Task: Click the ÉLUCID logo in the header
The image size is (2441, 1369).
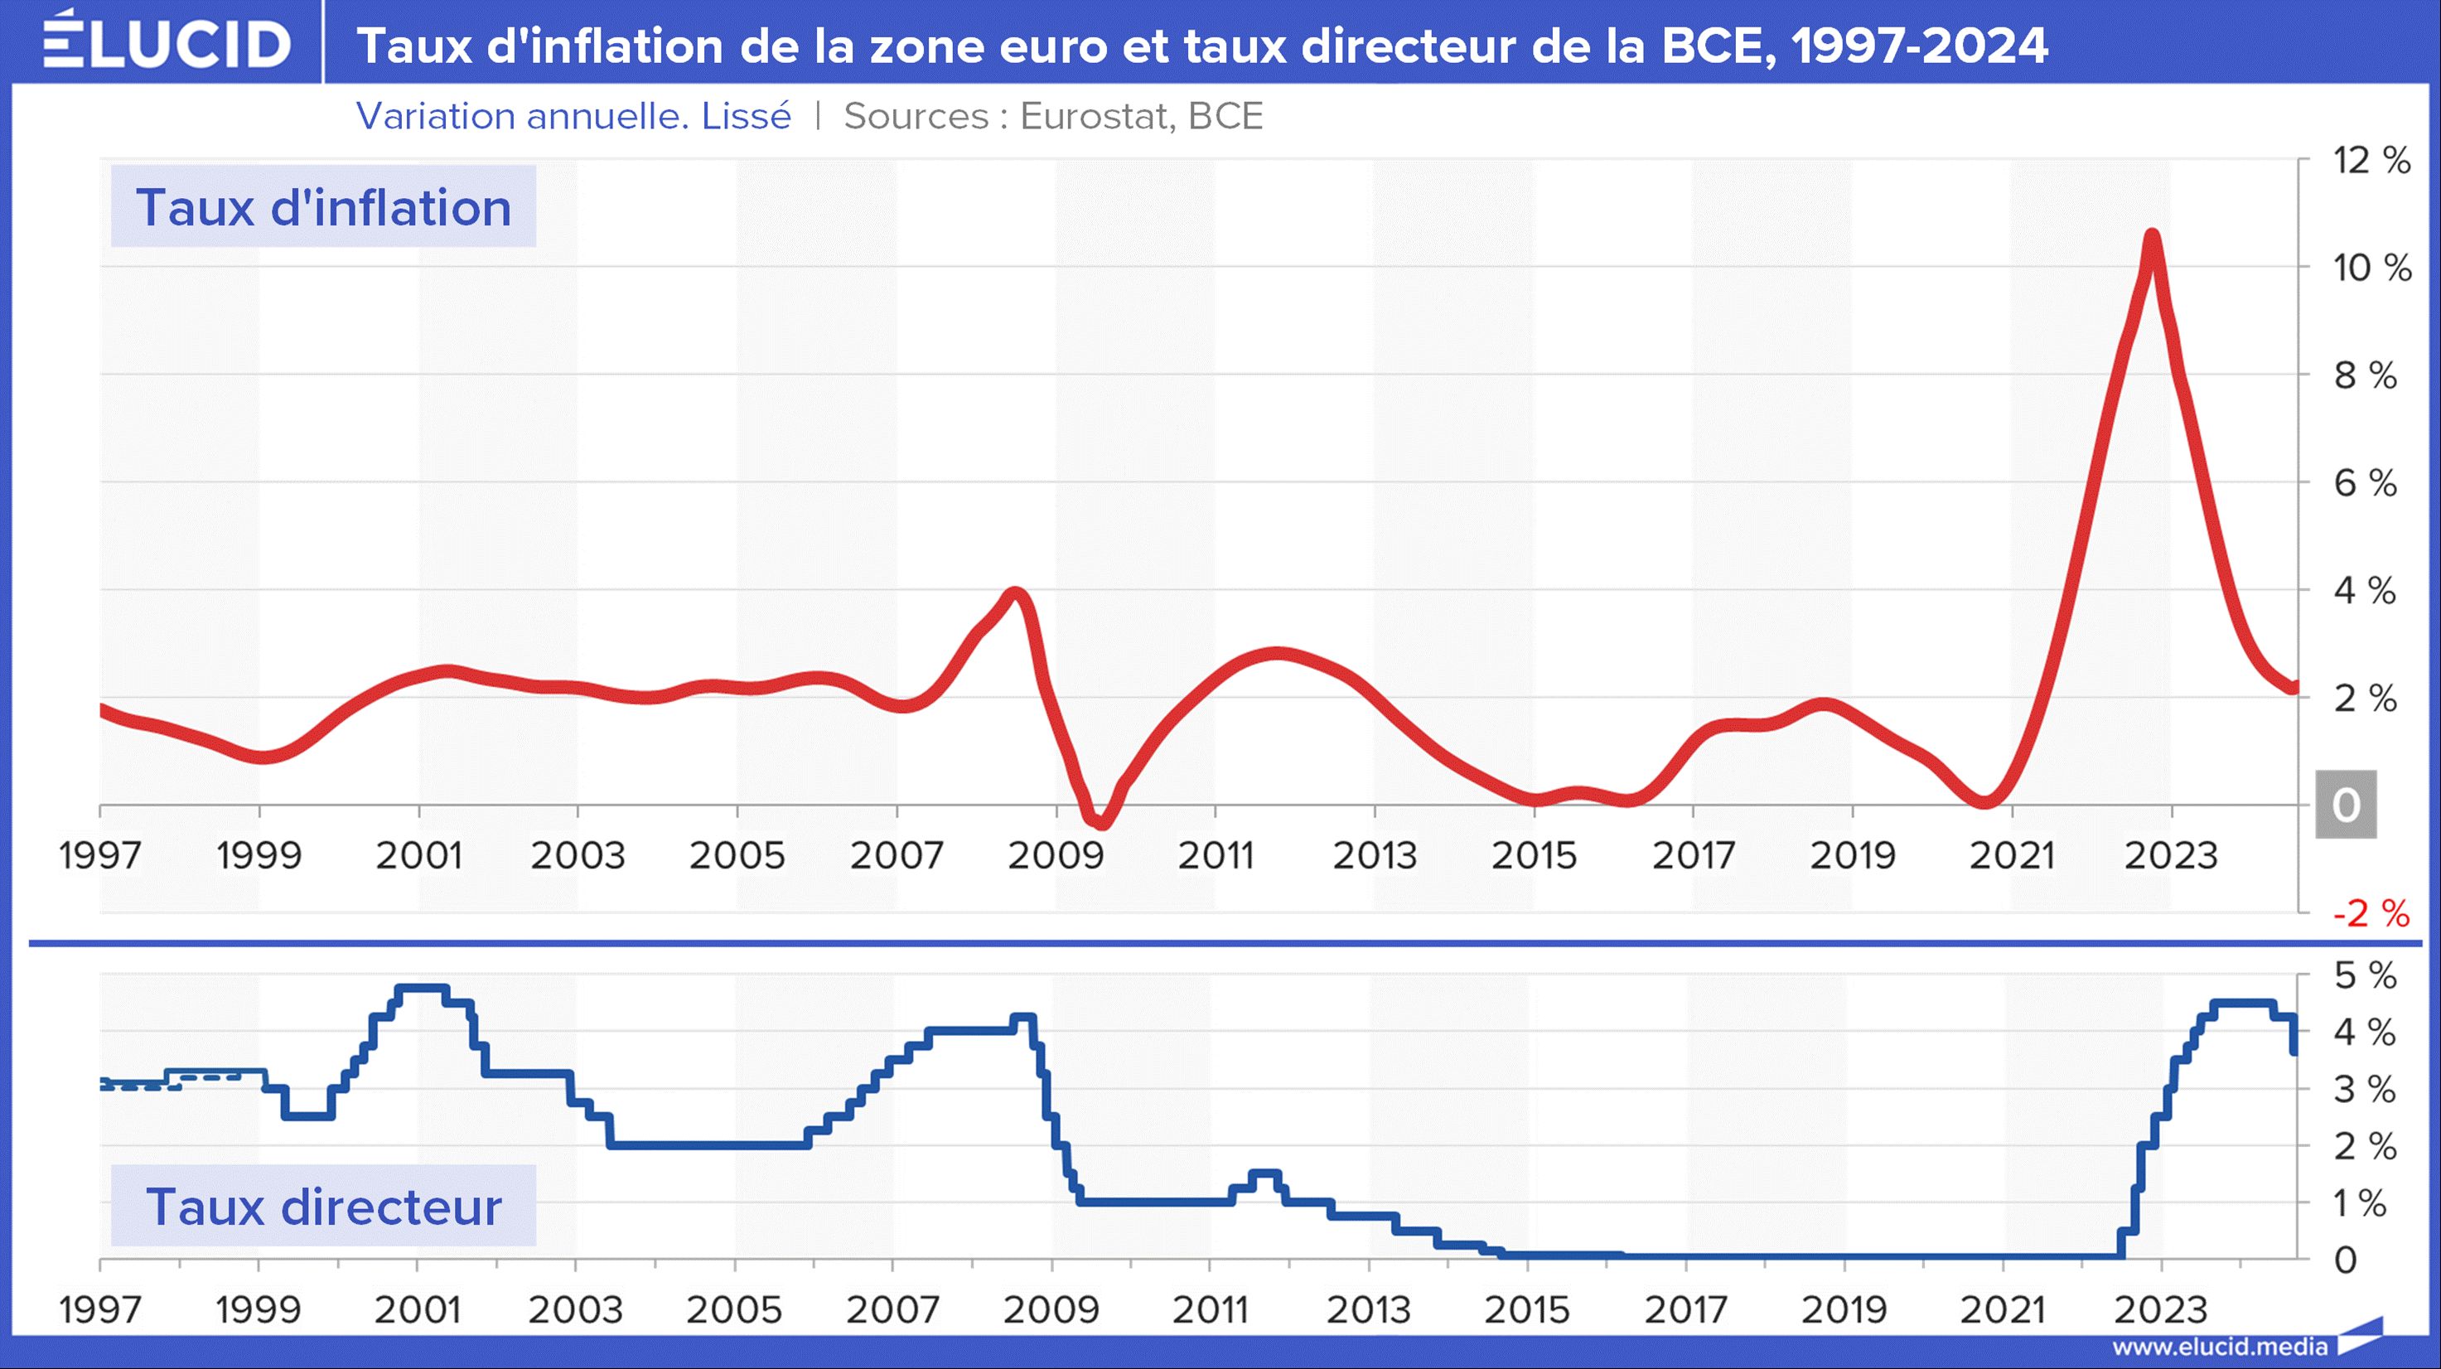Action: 167,42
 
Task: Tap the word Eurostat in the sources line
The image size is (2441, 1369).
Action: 1096,117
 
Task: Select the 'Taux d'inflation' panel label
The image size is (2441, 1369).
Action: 323,207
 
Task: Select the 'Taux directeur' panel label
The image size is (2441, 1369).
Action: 323,1206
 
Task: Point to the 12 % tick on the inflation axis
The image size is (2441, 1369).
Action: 2371,160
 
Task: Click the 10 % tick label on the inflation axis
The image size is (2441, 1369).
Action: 2371,268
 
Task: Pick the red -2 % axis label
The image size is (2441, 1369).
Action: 2371,913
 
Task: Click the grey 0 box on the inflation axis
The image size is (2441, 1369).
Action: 2345,805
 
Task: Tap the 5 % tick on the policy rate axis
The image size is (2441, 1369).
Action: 2364,976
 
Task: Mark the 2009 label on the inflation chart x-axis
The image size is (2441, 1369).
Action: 1056,855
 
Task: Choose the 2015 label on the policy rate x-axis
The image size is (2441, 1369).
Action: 1526,1310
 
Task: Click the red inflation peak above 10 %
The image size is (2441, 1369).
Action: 2151,237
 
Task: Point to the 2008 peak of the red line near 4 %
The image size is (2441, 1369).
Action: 1016,595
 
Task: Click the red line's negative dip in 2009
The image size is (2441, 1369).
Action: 1100,820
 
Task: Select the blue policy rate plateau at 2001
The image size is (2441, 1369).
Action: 421,988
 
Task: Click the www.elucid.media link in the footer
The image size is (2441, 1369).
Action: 2219,1347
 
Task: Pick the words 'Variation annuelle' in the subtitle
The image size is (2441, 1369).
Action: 521,117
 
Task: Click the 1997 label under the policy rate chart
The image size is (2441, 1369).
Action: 99,1310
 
